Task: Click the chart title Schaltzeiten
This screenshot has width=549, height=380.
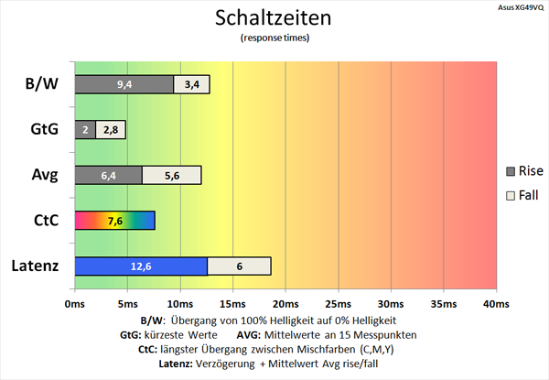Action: point(274,18)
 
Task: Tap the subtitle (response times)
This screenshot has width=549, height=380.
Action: point(274,38)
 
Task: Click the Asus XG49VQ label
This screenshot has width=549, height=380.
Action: point(519,5)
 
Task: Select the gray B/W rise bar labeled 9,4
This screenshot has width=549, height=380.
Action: point(124,84)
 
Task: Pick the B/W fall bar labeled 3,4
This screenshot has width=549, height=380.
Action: point(192,84)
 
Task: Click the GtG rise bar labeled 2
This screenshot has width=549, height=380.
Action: point(85,130)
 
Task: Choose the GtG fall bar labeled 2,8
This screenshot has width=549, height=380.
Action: point(111,130)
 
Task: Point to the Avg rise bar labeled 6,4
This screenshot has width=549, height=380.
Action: point(108,175)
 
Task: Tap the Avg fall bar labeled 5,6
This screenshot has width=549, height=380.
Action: point(171,175)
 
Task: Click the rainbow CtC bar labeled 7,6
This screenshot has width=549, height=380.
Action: point(115,221)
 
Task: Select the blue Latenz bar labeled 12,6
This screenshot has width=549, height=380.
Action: point(141,266)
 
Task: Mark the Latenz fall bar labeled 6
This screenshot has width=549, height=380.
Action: point(239,266)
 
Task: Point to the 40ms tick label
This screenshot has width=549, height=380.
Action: point(496,304)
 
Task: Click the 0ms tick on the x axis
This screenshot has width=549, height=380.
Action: point(75,304)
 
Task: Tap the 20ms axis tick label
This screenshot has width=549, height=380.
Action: point(285,304)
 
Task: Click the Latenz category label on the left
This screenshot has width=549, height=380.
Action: point(36,266)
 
